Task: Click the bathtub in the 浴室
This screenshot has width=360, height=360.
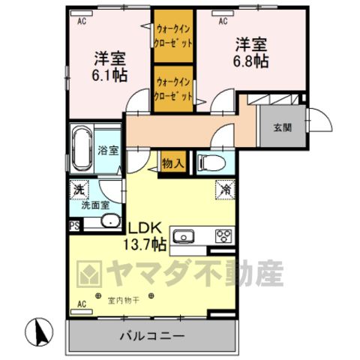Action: tap(82, 148)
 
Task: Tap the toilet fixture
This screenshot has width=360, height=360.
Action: tap(211, 163)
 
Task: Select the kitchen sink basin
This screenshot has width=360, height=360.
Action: tap(184, 237)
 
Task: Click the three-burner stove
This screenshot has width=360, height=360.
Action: tap(223, 236)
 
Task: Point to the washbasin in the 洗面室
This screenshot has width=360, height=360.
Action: tap(111, 220)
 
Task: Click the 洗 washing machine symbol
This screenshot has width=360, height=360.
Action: tap(79, 190)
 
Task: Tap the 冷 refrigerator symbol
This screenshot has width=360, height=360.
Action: tap(225, 190)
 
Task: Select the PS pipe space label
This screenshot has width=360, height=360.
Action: tap(74, 226)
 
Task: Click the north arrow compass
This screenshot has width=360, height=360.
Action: tap(39, 331)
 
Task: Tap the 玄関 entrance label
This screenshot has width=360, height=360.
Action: tap(283, 127)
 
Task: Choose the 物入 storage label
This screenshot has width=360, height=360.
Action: tap(173, 163)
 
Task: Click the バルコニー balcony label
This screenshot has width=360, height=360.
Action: tap(152, 336)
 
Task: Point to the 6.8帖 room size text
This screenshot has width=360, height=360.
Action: tap(251, 61)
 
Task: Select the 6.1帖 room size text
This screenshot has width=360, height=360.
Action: tap(109, 75)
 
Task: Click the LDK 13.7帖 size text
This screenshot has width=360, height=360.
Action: tap(145, 236)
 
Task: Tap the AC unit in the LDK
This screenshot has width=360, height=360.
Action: tap(82, 311)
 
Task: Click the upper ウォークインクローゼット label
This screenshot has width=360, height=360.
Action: tap(173, 36)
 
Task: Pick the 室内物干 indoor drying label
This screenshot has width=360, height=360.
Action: tap(123, 301)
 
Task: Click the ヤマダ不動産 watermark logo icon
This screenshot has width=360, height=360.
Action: tap(89, 274)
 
